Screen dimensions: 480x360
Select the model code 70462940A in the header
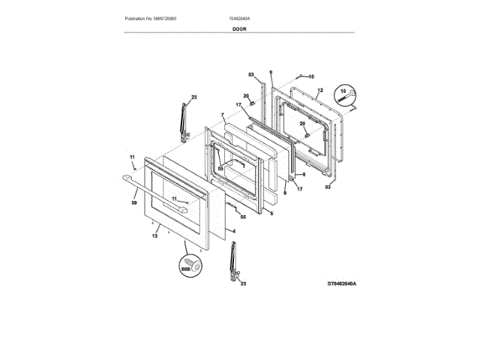239,17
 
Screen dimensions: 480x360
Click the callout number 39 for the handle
134,202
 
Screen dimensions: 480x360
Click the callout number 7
222,115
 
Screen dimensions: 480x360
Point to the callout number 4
234,231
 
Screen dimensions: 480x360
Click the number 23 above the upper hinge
193,97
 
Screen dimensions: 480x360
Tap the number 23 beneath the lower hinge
242,284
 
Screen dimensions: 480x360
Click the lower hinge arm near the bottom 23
232,262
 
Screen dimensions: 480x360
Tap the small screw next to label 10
300,76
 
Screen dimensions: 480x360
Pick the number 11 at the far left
132,157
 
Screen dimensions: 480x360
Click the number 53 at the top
252,74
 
